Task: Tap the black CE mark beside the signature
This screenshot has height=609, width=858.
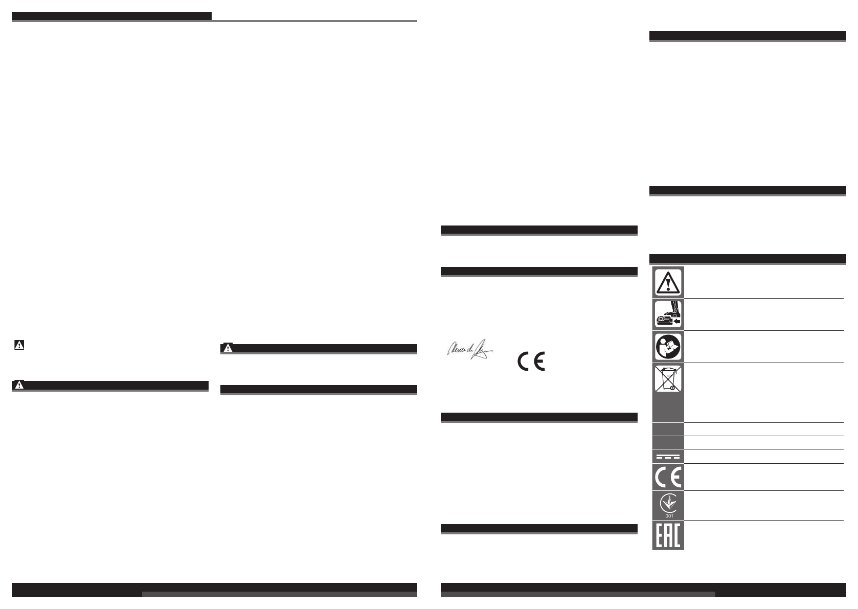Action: [531, 362]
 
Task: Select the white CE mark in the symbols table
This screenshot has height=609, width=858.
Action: [668, 478]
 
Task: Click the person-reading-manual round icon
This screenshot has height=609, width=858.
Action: [668, 347]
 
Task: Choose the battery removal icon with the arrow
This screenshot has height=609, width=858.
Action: [668, 314]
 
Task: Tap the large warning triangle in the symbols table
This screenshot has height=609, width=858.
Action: [668, 282]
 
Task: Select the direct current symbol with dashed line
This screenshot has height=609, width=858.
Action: [668, 457]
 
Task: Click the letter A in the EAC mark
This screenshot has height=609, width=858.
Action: [668, 535]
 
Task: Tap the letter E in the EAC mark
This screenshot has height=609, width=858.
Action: [660, 535]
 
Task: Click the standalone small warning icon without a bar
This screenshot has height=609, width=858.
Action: [19, 346]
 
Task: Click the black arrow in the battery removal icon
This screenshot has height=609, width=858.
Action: [676, 322]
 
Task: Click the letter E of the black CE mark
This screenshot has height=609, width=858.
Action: [539, 362]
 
